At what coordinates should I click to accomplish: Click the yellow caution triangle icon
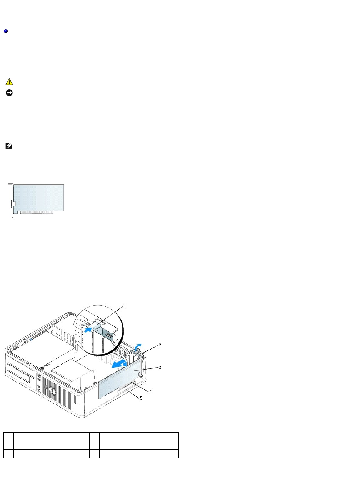[9, 82]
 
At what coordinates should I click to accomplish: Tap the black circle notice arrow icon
[9, 93]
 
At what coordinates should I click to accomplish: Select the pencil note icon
[9, 146]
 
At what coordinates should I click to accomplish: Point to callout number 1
[125, 306]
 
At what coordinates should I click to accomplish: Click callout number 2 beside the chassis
[160, 345]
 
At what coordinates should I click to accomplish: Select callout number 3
[160, 368]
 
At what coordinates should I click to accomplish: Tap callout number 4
[151, 391]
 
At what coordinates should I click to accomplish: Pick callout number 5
[141, 398]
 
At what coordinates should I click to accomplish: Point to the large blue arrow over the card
[118, 363]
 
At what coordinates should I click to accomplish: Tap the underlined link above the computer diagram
[92, 281]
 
